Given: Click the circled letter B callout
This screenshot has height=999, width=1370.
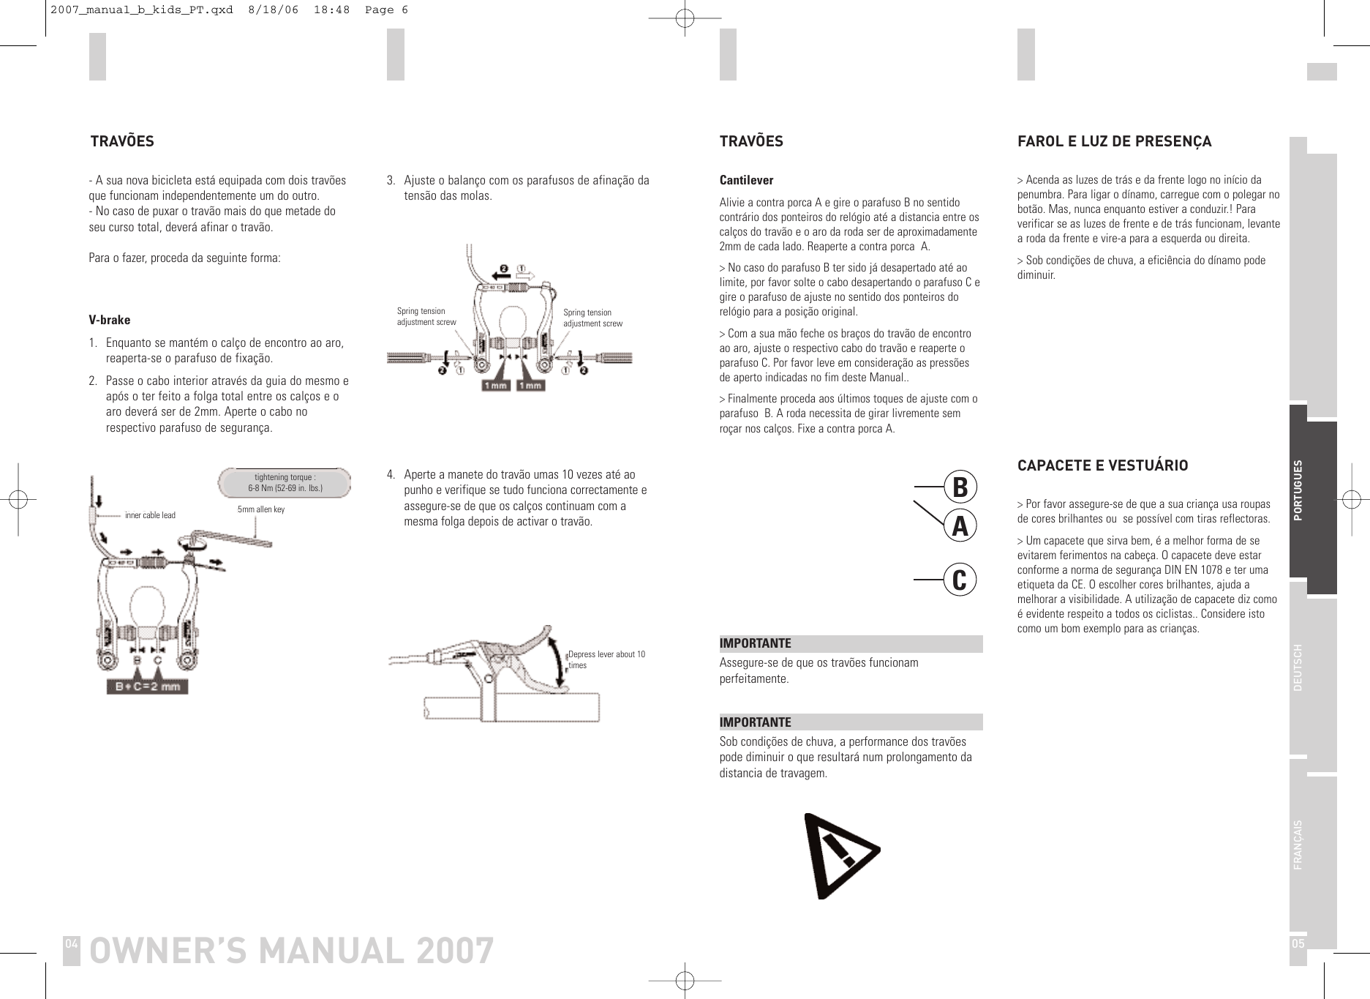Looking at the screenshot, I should pyautogui.click(x=960, y=487).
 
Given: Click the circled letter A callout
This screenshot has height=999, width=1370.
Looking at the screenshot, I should pyautogui.click(x=960, y=525).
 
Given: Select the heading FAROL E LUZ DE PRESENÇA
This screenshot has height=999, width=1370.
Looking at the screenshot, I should pyautogui.click(x=1114, y=141).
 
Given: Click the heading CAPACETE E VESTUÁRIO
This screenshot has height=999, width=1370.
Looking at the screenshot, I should pyautogui.click(x=1102, y=465).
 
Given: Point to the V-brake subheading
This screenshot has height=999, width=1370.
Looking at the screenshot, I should pyautogui.click(x=110, y=320).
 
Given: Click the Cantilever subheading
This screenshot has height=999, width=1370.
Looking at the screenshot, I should pyautogui.click(x=746, y=180).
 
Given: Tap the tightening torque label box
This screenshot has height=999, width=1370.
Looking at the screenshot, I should pyautogui.click(x=285, y=482).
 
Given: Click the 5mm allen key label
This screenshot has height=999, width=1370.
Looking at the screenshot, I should pyautogui.click(x=261, y=509).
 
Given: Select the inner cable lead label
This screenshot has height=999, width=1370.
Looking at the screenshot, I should pyautogui.click(x=150, y=515).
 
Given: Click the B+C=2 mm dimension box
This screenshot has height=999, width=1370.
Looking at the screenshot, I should pyautogui.click(x=147, y=686).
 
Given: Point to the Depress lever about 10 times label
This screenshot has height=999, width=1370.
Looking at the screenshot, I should pyautogui.click(x=606, y=659).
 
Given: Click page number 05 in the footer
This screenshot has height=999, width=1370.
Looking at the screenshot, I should pyautogui.click(x=1298, y=943).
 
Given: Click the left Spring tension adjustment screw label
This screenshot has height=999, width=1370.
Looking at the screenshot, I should pyautogui.click(x=426, y=317).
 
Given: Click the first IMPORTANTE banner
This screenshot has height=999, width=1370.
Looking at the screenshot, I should pyautogui.click(x=851, y=644).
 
